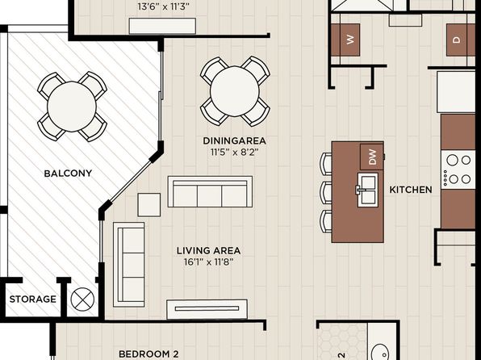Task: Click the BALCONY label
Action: (68, 174)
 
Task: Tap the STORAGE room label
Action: (33, 299)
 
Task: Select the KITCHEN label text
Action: (411, 190)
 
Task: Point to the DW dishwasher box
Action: (372, 157)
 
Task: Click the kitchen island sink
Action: (367, 190)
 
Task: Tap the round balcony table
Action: (72, 107)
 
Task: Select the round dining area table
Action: (235, 91)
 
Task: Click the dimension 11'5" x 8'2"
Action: (235, 153)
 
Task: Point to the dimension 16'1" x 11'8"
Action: (208, 262)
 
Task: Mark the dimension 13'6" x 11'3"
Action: (163, 6)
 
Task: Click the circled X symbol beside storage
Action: (82, 299)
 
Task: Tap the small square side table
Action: (149, 205)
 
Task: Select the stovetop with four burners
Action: (458, 170)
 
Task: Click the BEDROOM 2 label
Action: (148, 354)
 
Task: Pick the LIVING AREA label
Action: (208, 250)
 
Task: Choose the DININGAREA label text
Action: (234, 141)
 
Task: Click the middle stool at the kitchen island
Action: (326, 192)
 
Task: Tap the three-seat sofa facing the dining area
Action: (210, 192)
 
